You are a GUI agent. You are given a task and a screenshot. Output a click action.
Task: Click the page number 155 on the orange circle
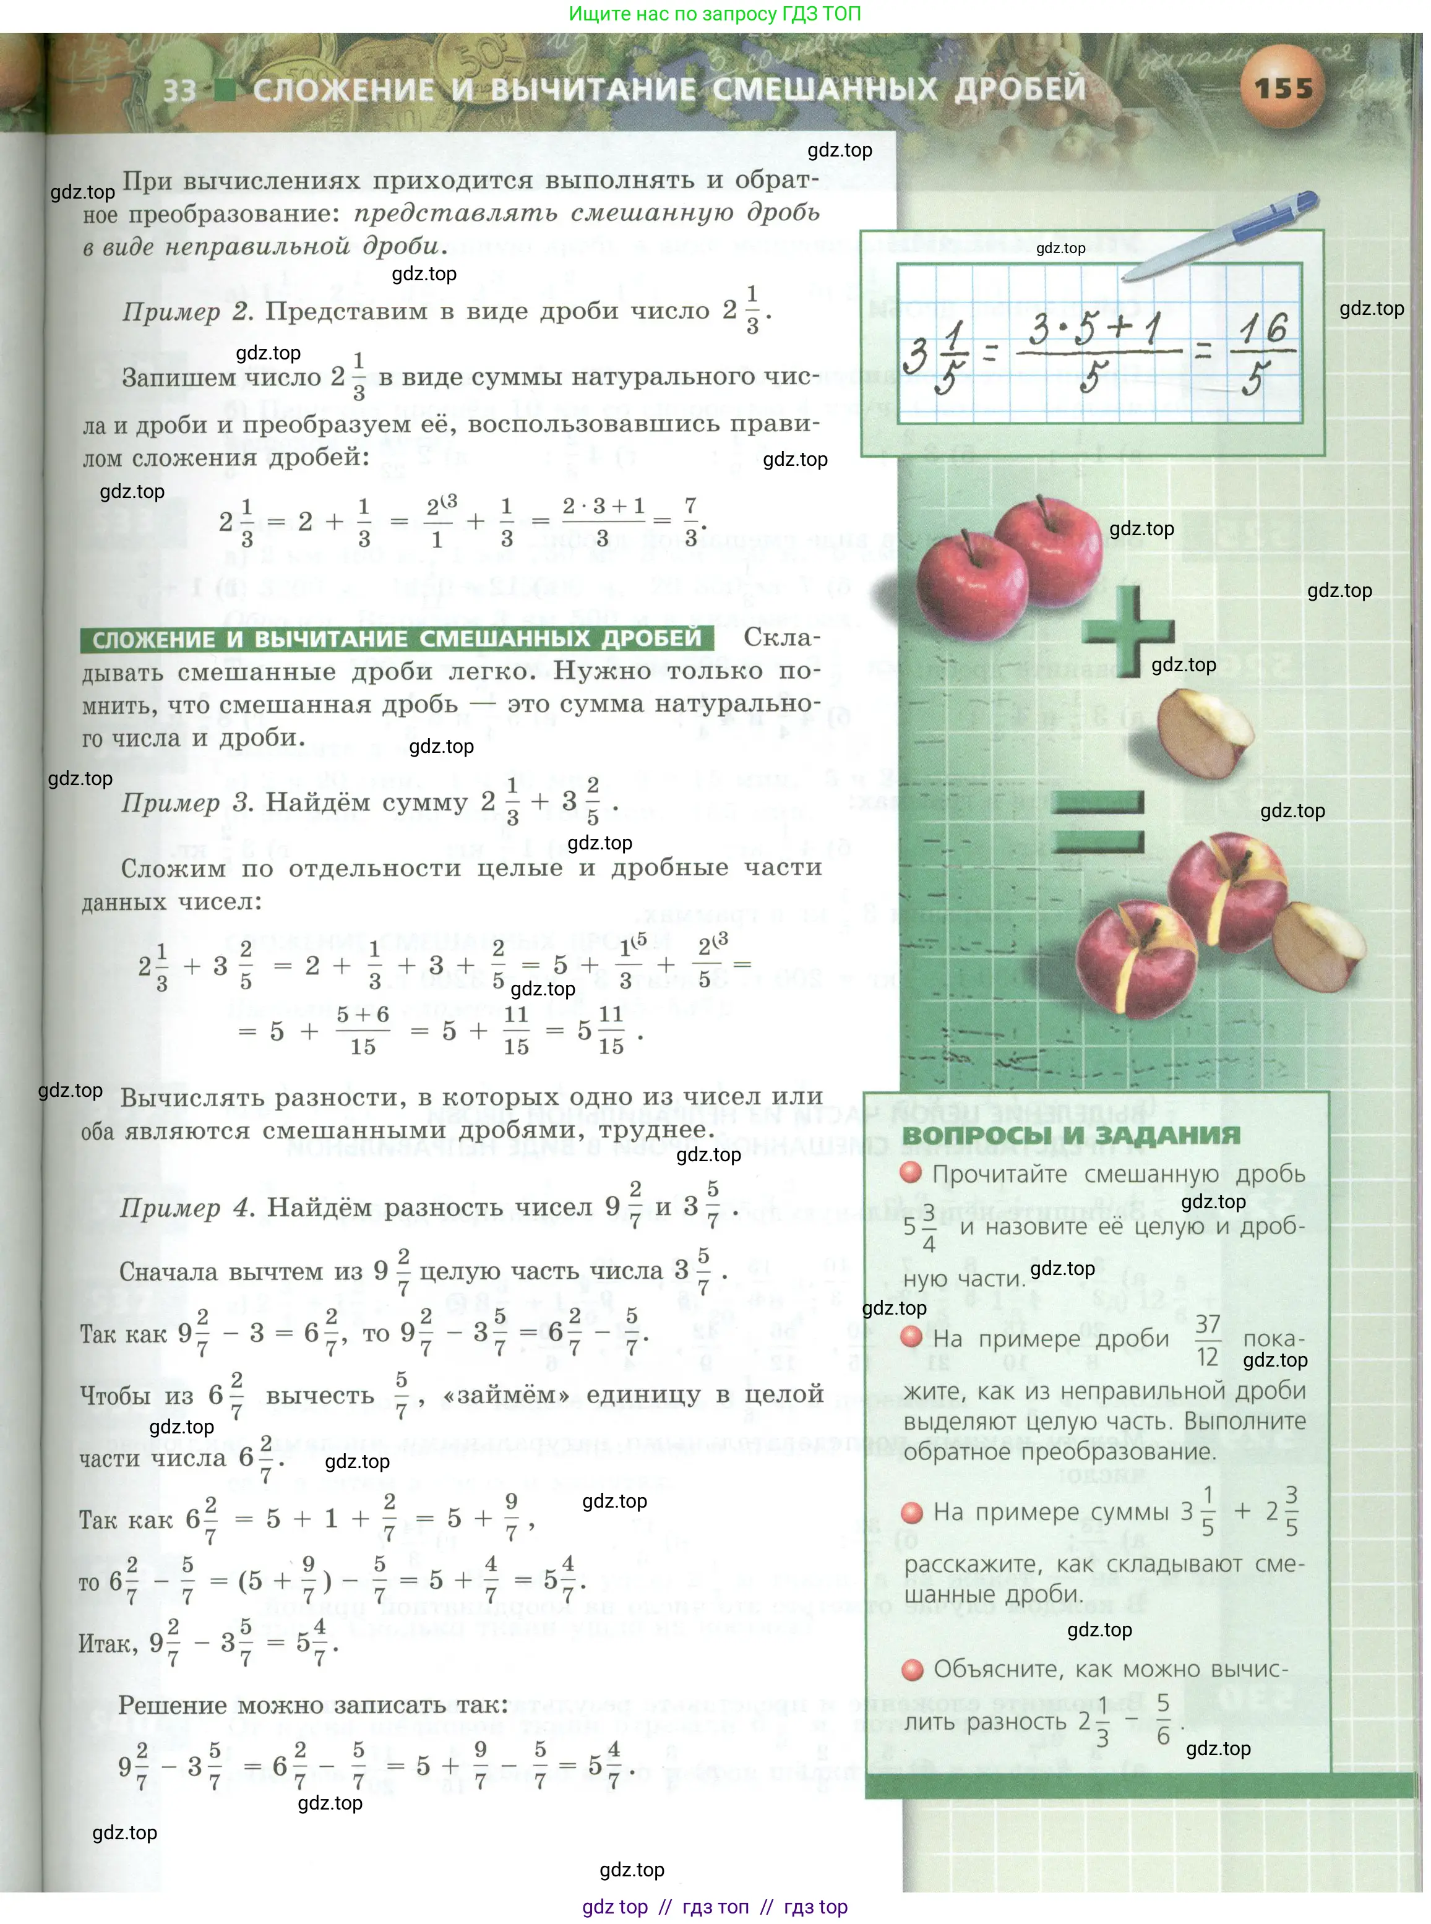[1283, 88]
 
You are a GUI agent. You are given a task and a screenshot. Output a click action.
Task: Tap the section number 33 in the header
[180, 90]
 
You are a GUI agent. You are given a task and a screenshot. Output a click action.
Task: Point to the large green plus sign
[1128, 630]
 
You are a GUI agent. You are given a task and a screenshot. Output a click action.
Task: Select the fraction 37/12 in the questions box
[1208, 1340]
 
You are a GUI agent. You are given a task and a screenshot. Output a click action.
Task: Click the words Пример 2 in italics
[187, 312]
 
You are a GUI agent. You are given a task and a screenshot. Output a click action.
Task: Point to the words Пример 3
[187, 803]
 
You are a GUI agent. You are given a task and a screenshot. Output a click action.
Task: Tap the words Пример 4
[186, 1208]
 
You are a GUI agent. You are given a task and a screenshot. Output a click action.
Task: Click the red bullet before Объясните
[912, 1669]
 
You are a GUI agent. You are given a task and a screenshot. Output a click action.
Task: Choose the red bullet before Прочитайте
[911, 1174]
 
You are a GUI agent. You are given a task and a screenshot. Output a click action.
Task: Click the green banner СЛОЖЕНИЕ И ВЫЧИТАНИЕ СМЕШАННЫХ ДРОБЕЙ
[397, 639]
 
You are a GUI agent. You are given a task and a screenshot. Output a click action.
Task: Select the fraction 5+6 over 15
[363, 1030]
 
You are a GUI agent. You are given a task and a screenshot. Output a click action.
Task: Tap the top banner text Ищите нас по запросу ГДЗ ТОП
[715, 14]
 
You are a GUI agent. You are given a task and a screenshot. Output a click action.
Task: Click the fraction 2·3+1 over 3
[603, 521]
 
